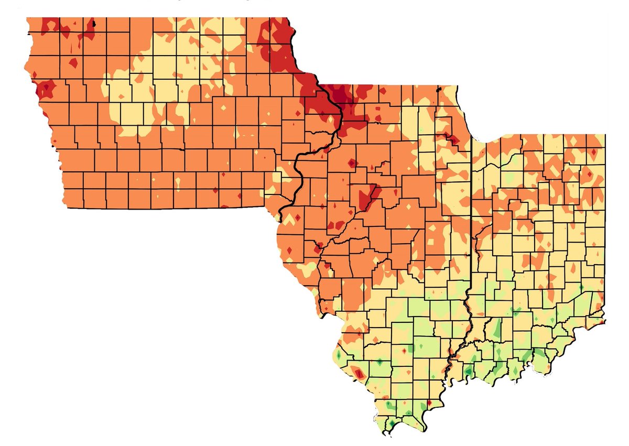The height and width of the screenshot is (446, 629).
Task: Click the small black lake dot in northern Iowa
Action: [x=94, y=23]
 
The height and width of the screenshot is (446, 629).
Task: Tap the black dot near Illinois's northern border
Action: [x=439, y=90]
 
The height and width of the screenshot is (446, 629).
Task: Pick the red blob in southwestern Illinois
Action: [x=359, y=373]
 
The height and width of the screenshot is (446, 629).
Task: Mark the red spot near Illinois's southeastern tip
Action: [x=429, y=403]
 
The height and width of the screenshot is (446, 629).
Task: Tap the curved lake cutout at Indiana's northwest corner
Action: [x=485, y=139]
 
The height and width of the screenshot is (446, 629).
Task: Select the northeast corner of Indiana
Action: [x=605, y=135]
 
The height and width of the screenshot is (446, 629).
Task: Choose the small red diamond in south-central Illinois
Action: [x=404, y=350]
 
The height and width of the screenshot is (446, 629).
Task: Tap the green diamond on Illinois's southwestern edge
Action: [x=339, y=355]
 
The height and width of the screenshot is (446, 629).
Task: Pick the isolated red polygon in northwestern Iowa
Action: [x=73, y=62]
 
